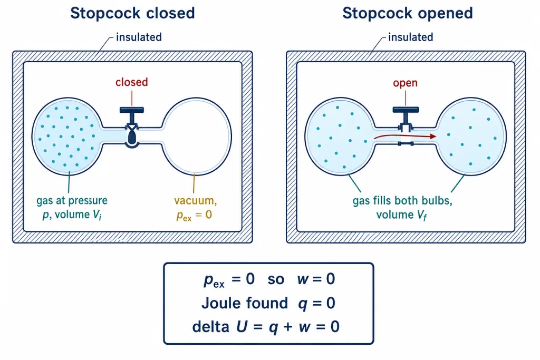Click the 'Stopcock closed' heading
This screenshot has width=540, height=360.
coord(132,13)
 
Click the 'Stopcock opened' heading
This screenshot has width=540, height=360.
coord(408,13)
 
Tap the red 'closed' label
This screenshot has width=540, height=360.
coord(131,82)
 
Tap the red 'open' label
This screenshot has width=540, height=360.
coord(406,83)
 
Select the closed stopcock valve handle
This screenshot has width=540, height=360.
coord(131,110)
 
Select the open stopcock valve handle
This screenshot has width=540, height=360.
coord(406,110)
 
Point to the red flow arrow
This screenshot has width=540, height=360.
coord(405,137)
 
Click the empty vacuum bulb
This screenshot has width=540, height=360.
coord(197,137)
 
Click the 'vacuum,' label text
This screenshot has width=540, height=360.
coord(196,200)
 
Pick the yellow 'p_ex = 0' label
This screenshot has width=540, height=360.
coord(194,215)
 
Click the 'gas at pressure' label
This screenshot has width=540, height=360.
coord(72,201)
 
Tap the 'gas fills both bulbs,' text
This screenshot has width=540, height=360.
coord(402,201)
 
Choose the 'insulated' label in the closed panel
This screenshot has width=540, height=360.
coord(139,37)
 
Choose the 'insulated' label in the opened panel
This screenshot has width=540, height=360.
coord(410,37)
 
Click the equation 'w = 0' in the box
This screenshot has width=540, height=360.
coord(316,279)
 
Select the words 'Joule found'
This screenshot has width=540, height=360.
coord(245,303)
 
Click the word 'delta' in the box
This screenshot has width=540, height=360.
coord(211,327)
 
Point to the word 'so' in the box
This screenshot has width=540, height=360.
coord(276,279)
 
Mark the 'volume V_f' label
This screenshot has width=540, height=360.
coord(401,215)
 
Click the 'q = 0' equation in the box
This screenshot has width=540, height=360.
coord(316,304)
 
